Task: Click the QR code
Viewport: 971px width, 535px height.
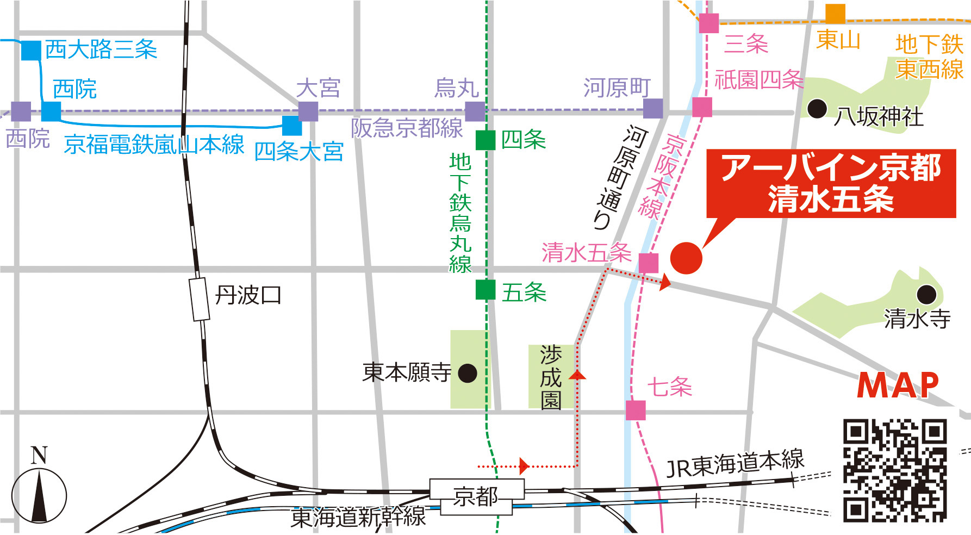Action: [x=895, y=470]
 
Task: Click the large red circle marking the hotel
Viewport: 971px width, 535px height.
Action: [x=686, y=258]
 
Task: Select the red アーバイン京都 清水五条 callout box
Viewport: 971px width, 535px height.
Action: [x=830, y=184]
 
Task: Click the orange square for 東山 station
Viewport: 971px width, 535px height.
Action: [x=835, y=14]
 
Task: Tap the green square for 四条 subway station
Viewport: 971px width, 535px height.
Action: [x=485, y=140]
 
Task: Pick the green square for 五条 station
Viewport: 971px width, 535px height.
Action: [x=485, y=290]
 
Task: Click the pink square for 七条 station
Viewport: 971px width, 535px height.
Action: [x=636, y=410]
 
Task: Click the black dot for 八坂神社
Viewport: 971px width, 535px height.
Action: [x=817, y=109]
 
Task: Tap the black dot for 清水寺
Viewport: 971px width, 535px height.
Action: [x=926, y=295]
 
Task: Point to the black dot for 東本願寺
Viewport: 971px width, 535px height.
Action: [x=468, y=374]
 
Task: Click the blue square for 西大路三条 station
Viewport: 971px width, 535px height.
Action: [x=31, y=50]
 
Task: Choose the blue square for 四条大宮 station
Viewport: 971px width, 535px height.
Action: [x=292, y=126]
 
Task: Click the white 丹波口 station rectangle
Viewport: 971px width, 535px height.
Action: [x=200, y=299]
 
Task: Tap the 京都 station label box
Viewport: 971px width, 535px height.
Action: [x=477, y=496]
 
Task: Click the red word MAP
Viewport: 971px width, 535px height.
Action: [x=898, y=385]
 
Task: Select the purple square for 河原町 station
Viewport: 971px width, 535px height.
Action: [x=653, y=108]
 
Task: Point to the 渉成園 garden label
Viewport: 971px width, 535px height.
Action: [x=551, y=377]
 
